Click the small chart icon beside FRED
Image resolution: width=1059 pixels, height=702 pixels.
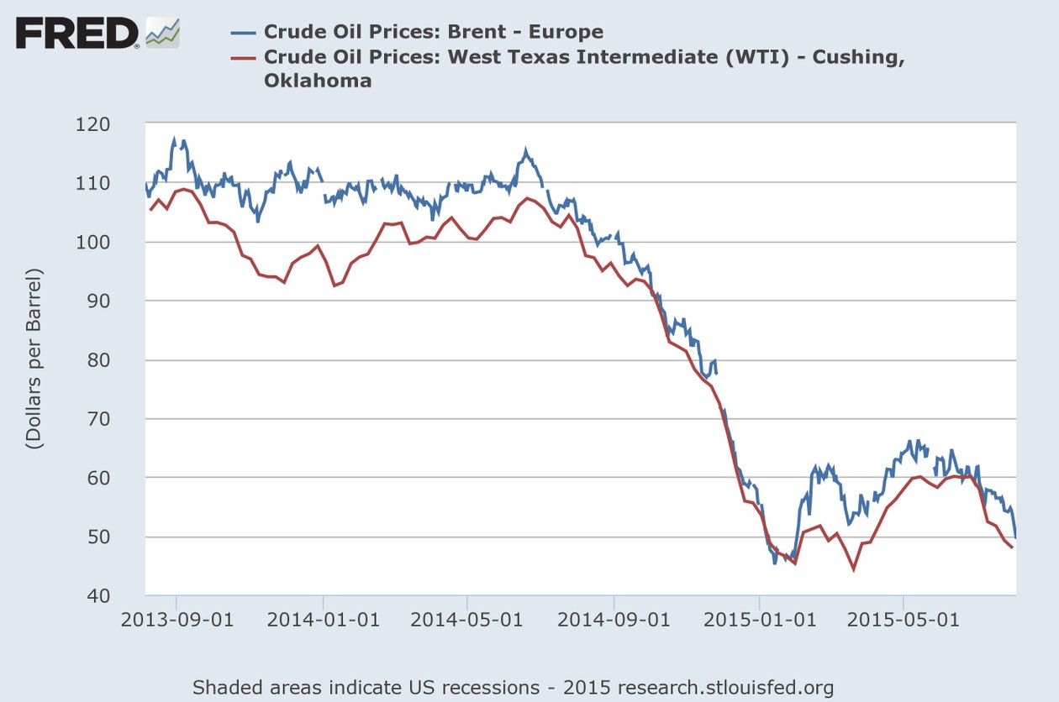tap(163, 32)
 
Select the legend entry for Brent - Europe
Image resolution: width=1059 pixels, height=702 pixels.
tap(433, 32)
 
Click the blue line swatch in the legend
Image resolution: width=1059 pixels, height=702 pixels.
tap(243, 33)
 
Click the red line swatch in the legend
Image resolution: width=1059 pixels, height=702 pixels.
tap(243, 57)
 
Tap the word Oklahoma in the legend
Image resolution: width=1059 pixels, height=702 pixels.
tap(317, 81)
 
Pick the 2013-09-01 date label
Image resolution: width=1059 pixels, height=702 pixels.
tap(176, 622)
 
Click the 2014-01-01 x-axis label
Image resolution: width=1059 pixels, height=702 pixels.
tap(323, 622)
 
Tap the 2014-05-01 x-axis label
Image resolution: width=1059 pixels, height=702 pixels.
tap(467, 622)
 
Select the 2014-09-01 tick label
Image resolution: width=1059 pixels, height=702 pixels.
tap(614, 622)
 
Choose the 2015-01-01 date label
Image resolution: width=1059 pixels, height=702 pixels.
tap(759, 622)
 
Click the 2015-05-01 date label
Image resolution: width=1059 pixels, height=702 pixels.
tap(904, 622)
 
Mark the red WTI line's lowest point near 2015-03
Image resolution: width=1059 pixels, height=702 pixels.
tap(854, 570)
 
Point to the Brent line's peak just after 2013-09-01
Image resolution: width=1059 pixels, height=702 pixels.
tap(175, 139)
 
